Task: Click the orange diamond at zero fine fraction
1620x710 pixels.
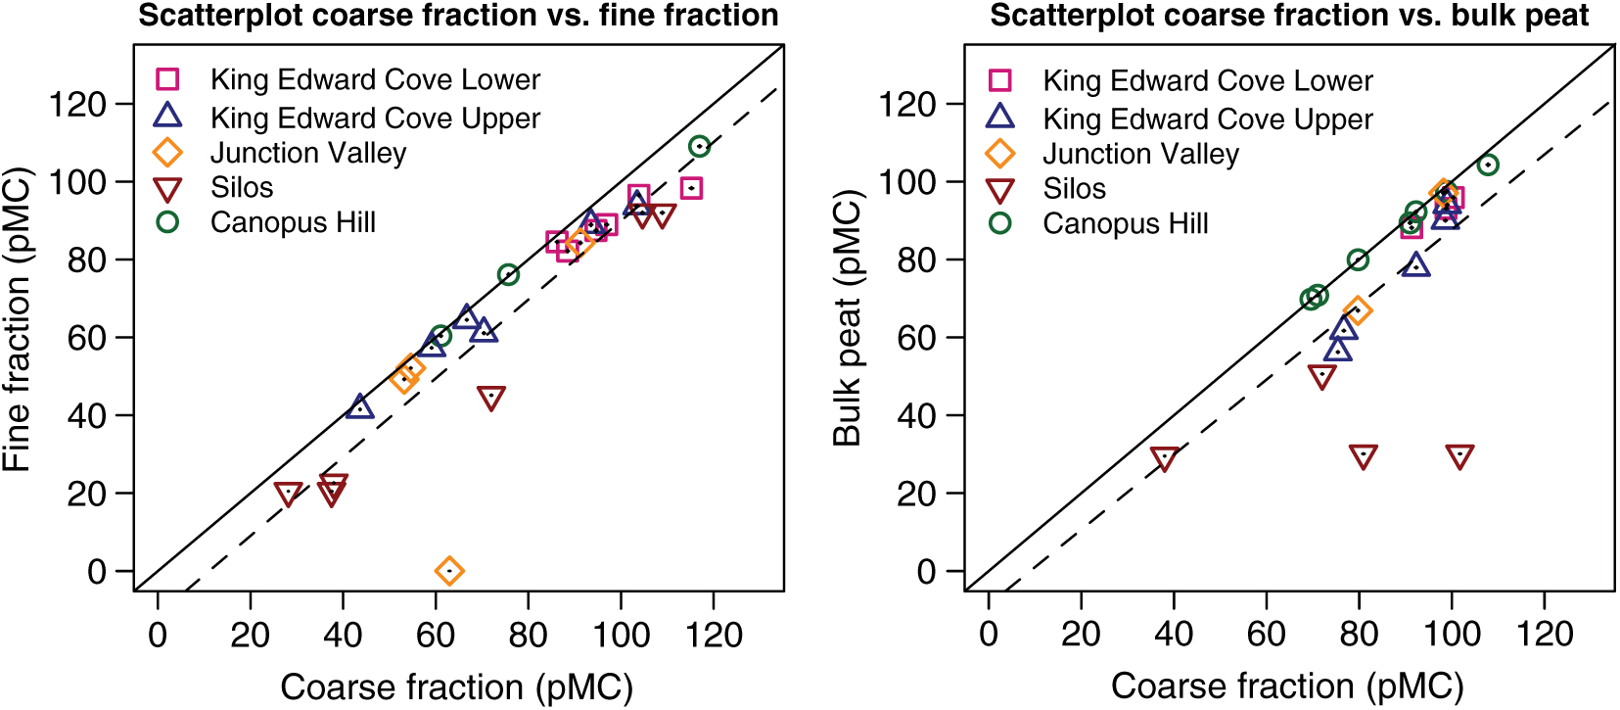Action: [448, 571]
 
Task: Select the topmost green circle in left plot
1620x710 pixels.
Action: [699, 147]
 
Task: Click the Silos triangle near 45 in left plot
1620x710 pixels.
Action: [491, 397]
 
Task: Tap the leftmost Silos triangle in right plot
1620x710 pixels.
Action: [1164, 457]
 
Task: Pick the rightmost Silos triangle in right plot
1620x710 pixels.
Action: [1459, 456]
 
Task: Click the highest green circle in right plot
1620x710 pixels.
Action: [1488, 165]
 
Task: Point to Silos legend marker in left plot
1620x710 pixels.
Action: [168, 189]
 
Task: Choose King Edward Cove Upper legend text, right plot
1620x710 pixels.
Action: [1207, 119]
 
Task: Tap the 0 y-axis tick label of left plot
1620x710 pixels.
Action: [96, 571]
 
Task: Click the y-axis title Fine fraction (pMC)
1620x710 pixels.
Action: [18, 318]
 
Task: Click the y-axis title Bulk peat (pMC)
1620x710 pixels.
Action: [848, 318]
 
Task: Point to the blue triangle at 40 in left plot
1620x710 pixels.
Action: [360, 406]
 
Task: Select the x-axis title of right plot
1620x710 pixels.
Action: [1287, 686]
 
